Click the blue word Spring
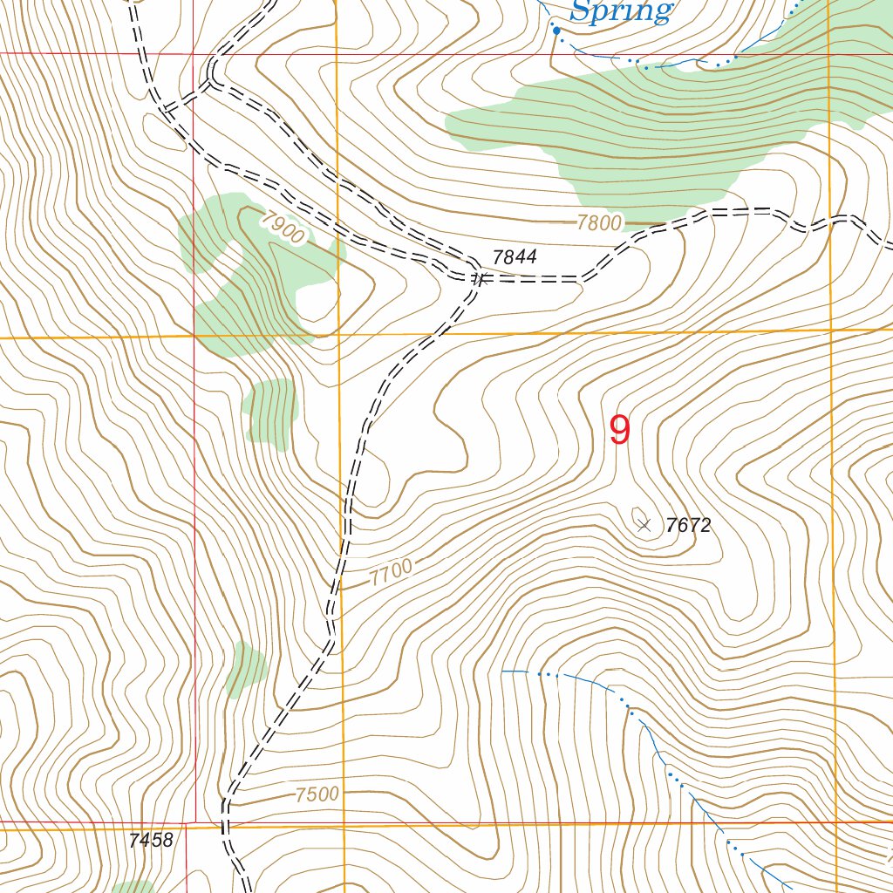click(x=621, y=11)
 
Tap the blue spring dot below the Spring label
click(x=556, y=31)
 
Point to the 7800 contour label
click(x=599, y=223)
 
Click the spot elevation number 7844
click(x=515, y=257)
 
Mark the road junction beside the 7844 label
click(x=479, y=279)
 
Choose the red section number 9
click(x=619, y=430)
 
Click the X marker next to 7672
click(x=644, y=525)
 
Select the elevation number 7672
click(x=689, y=526)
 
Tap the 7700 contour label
click(x=390, y=573)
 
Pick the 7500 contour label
click(x=317, y=794)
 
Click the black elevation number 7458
click(x=150, y=841)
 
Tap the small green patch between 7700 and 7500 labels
click(x=245, y=670)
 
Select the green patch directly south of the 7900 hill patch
click(x=270, y=412)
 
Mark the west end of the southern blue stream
click(x=504, y=671)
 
